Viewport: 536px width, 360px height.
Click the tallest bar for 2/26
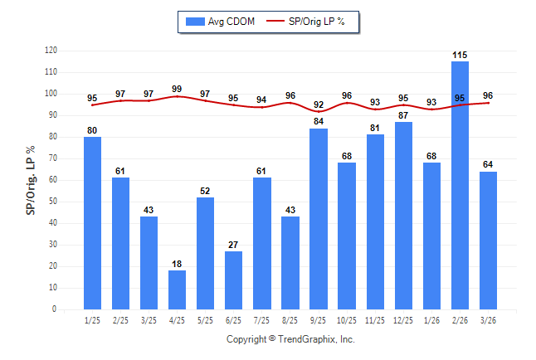(x=460, y=186)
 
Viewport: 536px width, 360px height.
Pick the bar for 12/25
(x=403, y=216)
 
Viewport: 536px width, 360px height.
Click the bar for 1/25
(x=92, y=223)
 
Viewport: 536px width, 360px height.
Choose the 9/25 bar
(x=318, y=219)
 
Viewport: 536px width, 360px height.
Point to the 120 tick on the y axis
(x=51, y=51)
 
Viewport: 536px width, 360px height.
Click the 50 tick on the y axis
(x=53, y=202)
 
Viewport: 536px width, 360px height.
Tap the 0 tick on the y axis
(x=55, y=309)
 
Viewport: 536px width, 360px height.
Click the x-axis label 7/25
(x=261, y=320)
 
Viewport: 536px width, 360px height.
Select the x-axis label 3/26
(x=488, y=320)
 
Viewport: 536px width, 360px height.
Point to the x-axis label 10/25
(x=347, y=320)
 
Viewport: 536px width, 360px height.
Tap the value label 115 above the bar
(x=460, y=55)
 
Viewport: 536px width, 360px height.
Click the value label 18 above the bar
(x=177, y=264)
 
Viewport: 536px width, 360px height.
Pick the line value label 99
(x=177, y=88)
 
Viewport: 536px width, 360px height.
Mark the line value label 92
(x=318, y=105)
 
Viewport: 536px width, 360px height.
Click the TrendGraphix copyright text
(x=290, y=339)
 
